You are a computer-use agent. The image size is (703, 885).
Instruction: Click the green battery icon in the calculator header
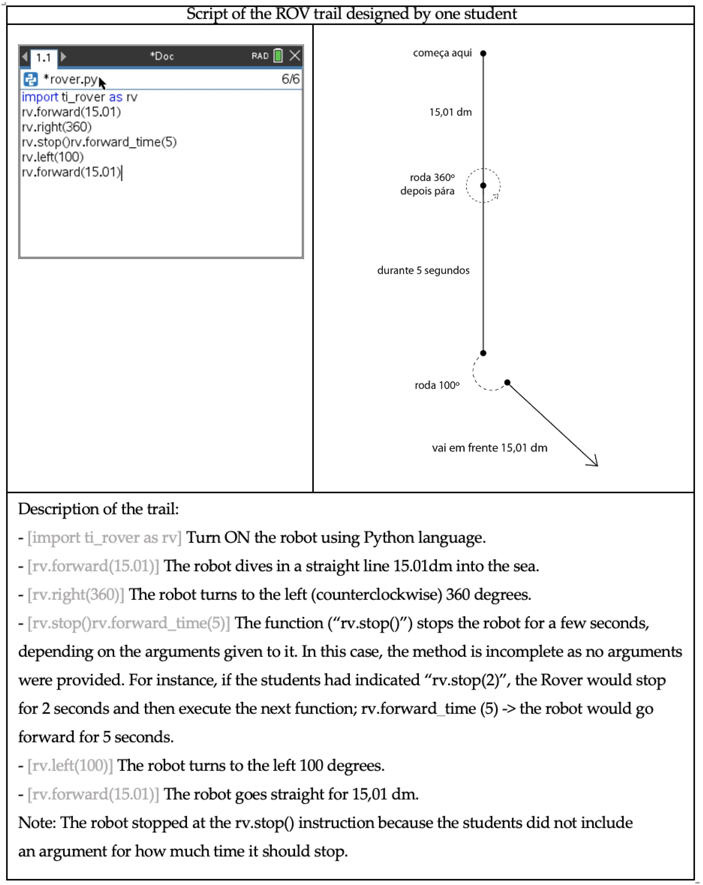278,55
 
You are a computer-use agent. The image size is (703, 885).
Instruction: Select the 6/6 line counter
290,79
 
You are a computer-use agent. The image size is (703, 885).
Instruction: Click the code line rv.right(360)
57,127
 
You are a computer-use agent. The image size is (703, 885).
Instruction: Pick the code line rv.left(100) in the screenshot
53,157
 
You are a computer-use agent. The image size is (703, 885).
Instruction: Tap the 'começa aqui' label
442,53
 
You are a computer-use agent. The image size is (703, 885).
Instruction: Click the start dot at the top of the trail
483,53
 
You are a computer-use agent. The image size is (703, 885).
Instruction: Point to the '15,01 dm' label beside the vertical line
451,112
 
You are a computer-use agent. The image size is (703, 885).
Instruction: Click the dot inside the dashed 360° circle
483,186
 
